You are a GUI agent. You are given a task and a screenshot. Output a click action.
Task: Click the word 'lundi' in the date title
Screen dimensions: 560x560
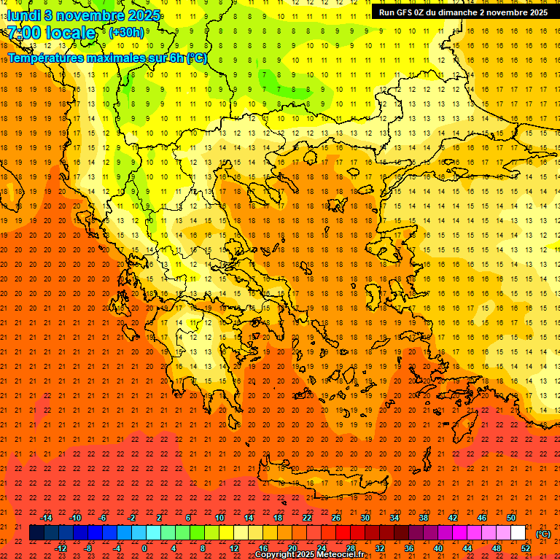coord(24,15)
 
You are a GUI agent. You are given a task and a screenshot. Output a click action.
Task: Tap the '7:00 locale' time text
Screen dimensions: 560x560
coord(52,33)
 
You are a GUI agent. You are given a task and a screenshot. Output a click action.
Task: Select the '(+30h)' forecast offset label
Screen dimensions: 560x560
coord(126,33)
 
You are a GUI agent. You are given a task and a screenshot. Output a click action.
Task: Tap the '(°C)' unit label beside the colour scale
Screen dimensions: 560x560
coord(543,534)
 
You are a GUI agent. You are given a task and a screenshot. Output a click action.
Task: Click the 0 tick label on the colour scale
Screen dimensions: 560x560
coord(144,548)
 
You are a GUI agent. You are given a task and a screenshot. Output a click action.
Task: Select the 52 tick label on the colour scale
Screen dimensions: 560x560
coord(526,548)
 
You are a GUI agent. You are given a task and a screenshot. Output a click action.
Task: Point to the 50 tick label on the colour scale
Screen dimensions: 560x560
coord(511,518)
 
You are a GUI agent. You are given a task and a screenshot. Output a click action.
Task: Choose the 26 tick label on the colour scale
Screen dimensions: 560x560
coord(336,518)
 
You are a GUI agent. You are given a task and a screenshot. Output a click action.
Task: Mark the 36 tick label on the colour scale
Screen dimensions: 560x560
coord(409,548)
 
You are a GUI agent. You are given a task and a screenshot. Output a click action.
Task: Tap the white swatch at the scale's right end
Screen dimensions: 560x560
coord(518,533)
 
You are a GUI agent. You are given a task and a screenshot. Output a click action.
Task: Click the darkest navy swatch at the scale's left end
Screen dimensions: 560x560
coord(36,533)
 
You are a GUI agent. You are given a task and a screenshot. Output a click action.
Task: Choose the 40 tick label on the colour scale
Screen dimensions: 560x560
coord(438,548)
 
